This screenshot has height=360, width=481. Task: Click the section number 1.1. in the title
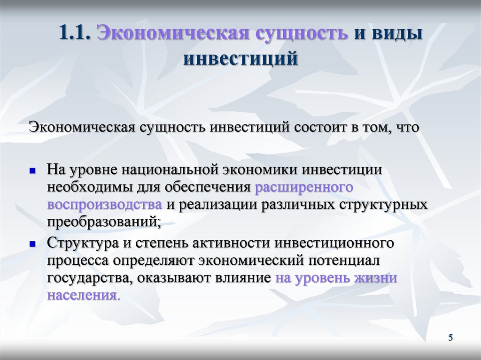[75, 32]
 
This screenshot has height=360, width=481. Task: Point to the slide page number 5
[450, 337]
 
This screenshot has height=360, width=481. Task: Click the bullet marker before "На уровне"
[32, 170]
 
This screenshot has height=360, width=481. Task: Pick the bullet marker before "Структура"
[32, 244]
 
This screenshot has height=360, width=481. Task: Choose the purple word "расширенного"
[304, 188]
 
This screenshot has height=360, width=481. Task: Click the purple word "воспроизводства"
[105, 205]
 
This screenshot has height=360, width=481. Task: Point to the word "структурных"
[383, 205]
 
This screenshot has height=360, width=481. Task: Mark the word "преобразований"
[102, 222]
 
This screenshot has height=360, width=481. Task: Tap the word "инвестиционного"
[334, 244]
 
